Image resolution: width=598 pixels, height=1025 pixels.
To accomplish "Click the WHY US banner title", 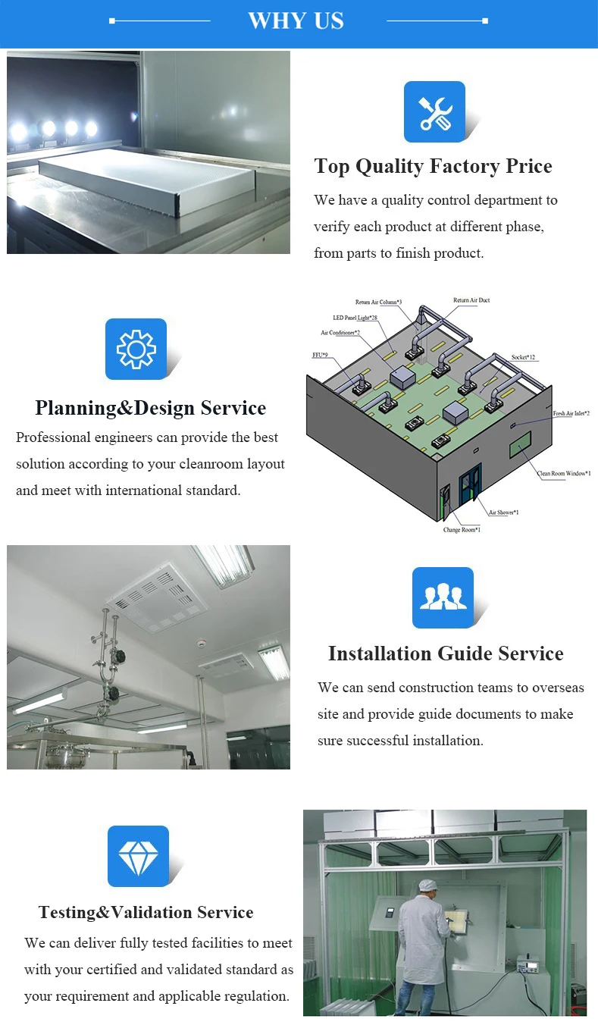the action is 296,20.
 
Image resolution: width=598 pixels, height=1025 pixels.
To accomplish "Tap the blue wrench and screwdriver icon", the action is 434,111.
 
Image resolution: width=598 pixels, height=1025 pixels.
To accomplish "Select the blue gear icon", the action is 136,349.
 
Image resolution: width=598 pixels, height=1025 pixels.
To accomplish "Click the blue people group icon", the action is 443,597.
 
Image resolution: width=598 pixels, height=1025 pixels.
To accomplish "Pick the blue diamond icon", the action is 138,856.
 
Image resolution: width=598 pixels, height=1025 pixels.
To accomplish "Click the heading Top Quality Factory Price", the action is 433,166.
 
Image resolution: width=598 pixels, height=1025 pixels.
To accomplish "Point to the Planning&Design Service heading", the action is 150,408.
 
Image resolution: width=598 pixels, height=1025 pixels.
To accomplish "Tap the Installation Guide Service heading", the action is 446,654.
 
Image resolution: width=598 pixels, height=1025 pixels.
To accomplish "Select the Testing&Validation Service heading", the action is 146,912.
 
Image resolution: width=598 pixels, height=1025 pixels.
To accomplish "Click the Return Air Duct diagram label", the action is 471,300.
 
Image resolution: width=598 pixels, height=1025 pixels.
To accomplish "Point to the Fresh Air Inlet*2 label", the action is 571,413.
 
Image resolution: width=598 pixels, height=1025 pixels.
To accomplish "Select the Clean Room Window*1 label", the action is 564,473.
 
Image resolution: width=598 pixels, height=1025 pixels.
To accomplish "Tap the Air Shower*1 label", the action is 503,512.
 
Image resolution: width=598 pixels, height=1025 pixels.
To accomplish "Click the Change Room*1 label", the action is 462,529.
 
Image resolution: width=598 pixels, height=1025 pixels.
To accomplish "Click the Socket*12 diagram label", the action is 523,357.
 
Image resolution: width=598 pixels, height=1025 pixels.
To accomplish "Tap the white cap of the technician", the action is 428,886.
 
